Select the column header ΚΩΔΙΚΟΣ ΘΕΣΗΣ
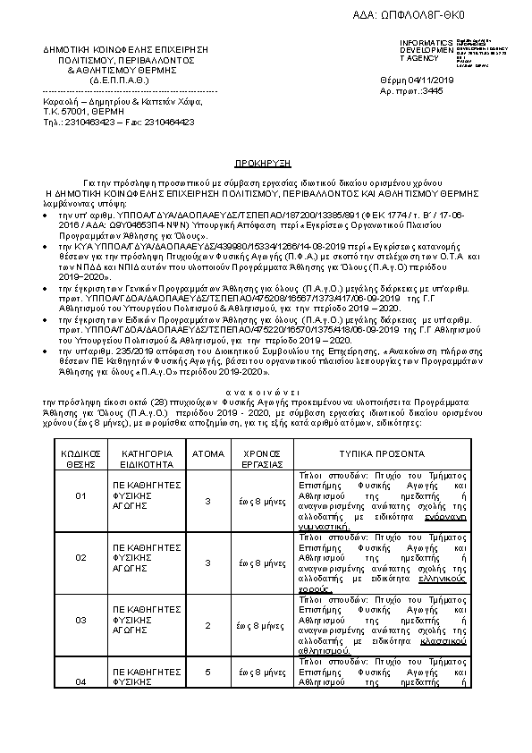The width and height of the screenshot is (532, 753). click(x=80, y=459)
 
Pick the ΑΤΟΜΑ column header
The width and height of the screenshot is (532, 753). click(x=208, y=453)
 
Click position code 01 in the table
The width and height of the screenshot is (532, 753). click(x=80, y=495)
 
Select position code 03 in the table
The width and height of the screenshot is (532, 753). click(x=80, y=620)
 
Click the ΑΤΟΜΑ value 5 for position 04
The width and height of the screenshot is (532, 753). click(x=208, y=670)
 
